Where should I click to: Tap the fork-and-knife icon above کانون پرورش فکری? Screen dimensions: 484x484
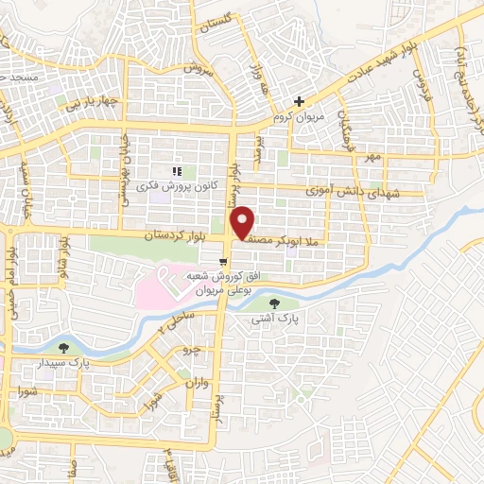click(175, 171)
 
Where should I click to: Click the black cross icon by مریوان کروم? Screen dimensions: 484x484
click(300, 101)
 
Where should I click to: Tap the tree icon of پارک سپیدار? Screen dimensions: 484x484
click(64, 347)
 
